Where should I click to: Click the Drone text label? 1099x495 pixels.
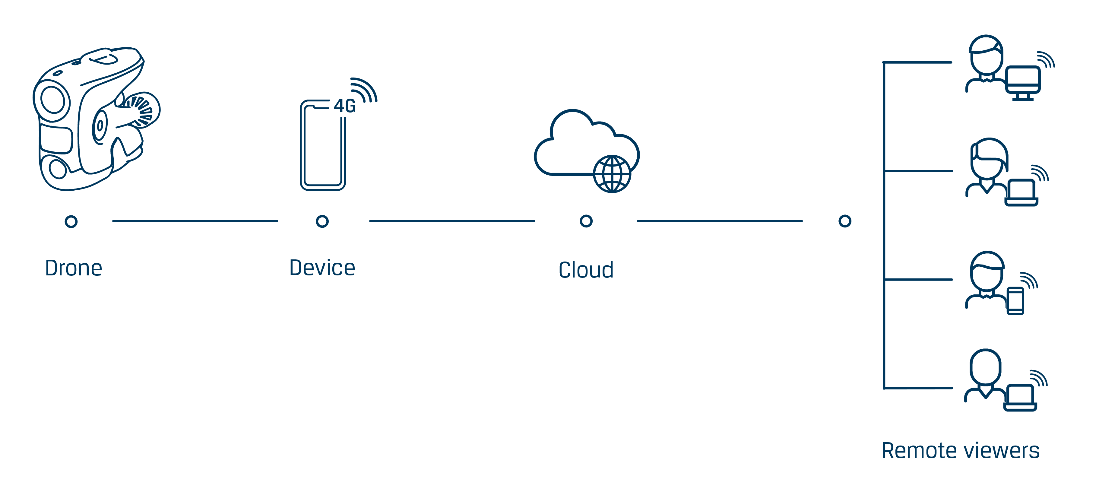point(73,268)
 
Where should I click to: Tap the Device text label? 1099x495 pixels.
point(322,268)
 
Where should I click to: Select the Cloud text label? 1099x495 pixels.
point(586,270)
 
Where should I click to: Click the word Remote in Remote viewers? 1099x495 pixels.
point(919,451)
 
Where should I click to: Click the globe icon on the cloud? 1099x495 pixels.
point(612,174)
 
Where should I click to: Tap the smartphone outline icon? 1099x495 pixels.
point(323,145)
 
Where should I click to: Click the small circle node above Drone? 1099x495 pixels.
point(71,221)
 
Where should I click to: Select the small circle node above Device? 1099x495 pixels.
point(322,221)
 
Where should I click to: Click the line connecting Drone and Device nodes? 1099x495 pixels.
point(195,221)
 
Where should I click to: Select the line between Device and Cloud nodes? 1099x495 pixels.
point(452,221)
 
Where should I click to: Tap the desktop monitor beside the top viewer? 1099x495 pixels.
point(1023,83)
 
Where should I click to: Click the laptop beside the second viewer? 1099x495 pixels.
point(1021,192)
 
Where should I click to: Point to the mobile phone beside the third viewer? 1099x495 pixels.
point(1015,301)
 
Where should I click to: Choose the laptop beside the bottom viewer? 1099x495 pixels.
point(1020,397)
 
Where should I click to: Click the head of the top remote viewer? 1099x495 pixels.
point(986,55)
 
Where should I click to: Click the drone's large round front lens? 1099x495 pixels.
point(52,100)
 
